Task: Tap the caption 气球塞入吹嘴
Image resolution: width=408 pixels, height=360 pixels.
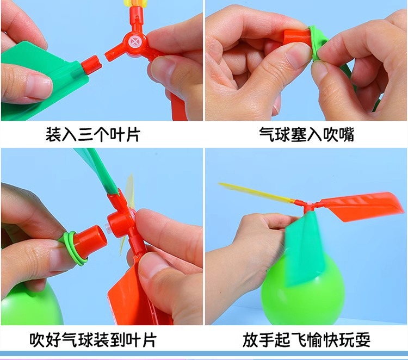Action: click(306, 134)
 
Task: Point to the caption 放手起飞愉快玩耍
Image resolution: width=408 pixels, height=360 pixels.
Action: click(306, 340)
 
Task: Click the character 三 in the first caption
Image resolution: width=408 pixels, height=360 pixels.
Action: click(84, 134)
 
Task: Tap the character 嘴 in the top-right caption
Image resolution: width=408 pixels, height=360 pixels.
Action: click(345, 134)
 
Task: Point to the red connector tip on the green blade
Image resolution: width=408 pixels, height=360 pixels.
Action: click(91, 63)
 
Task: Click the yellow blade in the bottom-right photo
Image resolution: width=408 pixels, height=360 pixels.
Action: click(256, 193)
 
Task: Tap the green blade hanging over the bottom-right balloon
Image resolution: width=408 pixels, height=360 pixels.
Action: click(302, 247)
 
